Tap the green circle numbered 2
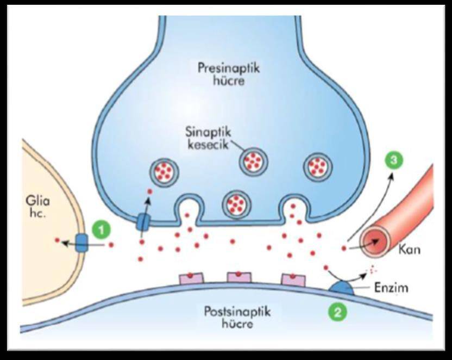pos(337,312)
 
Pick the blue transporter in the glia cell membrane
pos(81,243)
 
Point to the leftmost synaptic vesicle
pos(163,171)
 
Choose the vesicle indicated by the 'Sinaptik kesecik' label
pos(253,160)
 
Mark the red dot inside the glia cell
pos(58,239)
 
